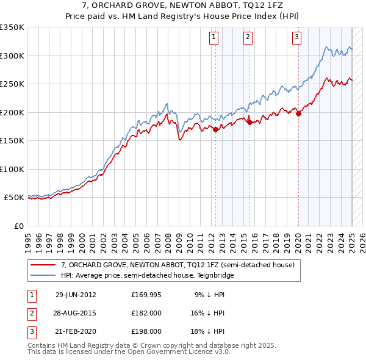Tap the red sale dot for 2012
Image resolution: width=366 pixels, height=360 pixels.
tap(216, 129)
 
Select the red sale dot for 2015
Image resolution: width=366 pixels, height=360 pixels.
tap(249, 122)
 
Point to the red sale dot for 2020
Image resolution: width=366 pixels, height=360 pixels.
tap(298, 113)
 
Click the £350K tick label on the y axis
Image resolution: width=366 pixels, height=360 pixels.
tap(12, 27)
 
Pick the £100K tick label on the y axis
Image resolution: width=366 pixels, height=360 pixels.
tap(12, 169)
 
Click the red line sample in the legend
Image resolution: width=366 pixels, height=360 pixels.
tap(43, 265)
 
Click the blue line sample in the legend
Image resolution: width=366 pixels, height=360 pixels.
tap(43, 275)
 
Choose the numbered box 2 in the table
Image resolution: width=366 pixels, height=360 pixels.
tap(30, 313)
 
